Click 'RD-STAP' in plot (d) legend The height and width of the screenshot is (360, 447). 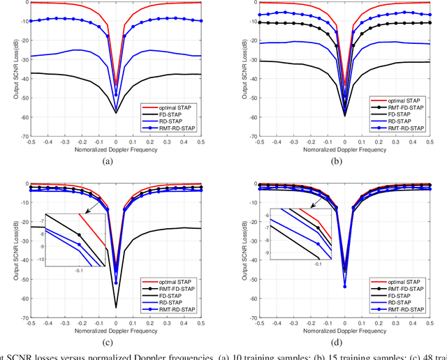[405, 299]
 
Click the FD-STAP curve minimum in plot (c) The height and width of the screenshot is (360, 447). [116, 307]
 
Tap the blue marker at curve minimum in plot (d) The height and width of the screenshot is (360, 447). [344, 286]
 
